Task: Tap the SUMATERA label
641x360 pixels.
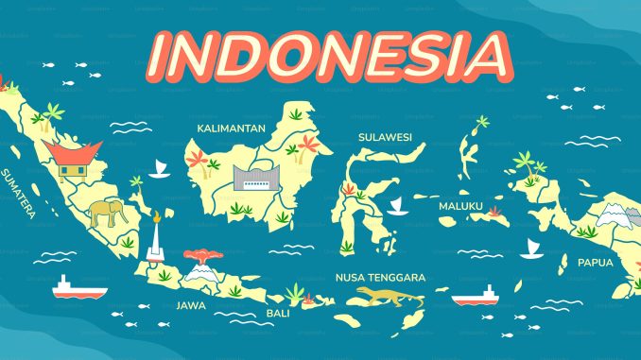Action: [x=18, y=193]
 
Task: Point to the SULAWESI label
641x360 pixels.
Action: [x=385, y=137]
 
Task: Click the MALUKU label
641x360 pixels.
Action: [x=460, y=206]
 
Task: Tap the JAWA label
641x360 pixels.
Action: [x=191, y=305]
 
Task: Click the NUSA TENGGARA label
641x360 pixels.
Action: [x=380, y=278]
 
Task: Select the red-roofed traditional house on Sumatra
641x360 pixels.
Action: [x=71, y=160]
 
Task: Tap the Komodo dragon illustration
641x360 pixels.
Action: [x=387, y=300]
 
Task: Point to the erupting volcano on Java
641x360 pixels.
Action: [x=199, y=266]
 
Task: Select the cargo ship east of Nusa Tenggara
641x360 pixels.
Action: [x=474, y=296]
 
